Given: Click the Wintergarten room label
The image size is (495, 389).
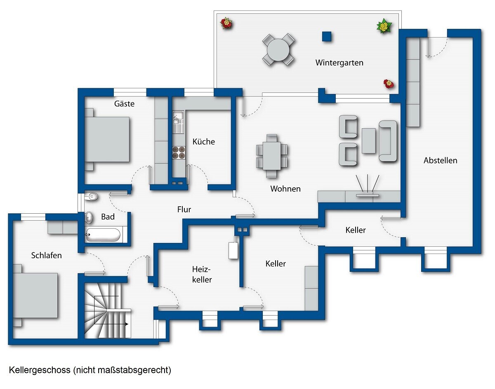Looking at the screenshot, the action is click(x=339, y=63).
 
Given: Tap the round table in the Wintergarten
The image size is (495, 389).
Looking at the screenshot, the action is click(x=278, y=50).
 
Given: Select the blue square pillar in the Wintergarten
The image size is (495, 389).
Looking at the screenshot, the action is click(x=326, y=36).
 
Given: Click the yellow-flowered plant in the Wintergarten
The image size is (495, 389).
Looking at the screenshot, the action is click(x=384, y=26).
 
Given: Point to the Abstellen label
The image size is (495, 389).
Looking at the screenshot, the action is click(x=440, y=160).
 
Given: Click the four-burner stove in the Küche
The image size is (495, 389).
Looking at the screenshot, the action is click(x=179, y=153).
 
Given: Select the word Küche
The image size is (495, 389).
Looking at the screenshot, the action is click(x=204, y=141).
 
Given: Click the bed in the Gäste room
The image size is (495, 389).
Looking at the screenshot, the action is click(x=107, y=139).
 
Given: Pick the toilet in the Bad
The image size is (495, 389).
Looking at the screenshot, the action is click(x=91, y=196).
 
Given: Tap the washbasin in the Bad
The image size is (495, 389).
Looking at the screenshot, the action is click(x=89, y=217).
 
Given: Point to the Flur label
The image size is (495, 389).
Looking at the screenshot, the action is click(x=184, y=209).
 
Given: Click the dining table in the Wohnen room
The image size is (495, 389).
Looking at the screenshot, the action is click(x=272, y=156).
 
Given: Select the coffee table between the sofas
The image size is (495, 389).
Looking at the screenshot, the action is click(x=369, y=141).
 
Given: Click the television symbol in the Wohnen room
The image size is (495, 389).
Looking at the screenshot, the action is click(x=368, y=186).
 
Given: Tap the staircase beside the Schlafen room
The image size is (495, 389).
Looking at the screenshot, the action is click(x=108, y=311).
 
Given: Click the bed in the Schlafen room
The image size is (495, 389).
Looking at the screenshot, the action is click(x=35, y=295).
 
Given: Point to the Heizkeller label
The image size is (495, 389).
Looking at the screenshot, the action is click(x=202, y=274).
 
